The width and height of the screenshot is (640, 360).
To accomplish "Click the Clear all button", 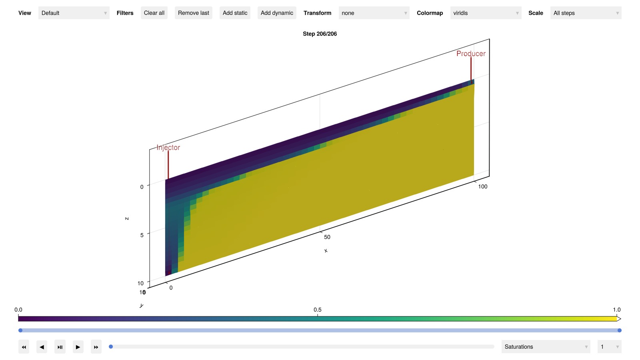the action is pos(154,13).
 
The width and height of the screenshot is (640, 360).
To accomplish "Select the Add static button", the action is pos(235,13).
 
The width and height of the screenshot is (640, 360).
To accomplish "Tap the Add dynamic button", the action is pos(277,13).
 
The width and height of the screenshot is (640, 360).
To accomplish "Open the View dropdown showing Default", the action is pos(74,13).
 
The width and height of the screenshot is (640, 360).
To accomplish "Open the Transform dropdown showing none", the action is pos(374,13).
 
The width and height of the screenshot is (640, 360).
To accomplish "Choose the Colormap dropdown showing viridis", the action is pos(486,13).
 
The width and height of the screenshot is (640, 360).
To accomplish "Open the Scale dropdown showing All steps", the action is pos(586,13).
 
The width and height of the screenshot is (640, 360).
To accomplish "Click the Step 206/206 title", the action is pos(320,34).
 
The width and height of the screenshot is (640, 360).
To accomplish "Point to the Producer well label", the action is pos(471,54).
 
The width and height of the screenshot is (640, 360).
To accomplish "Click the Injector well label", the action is pos(168,148).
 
